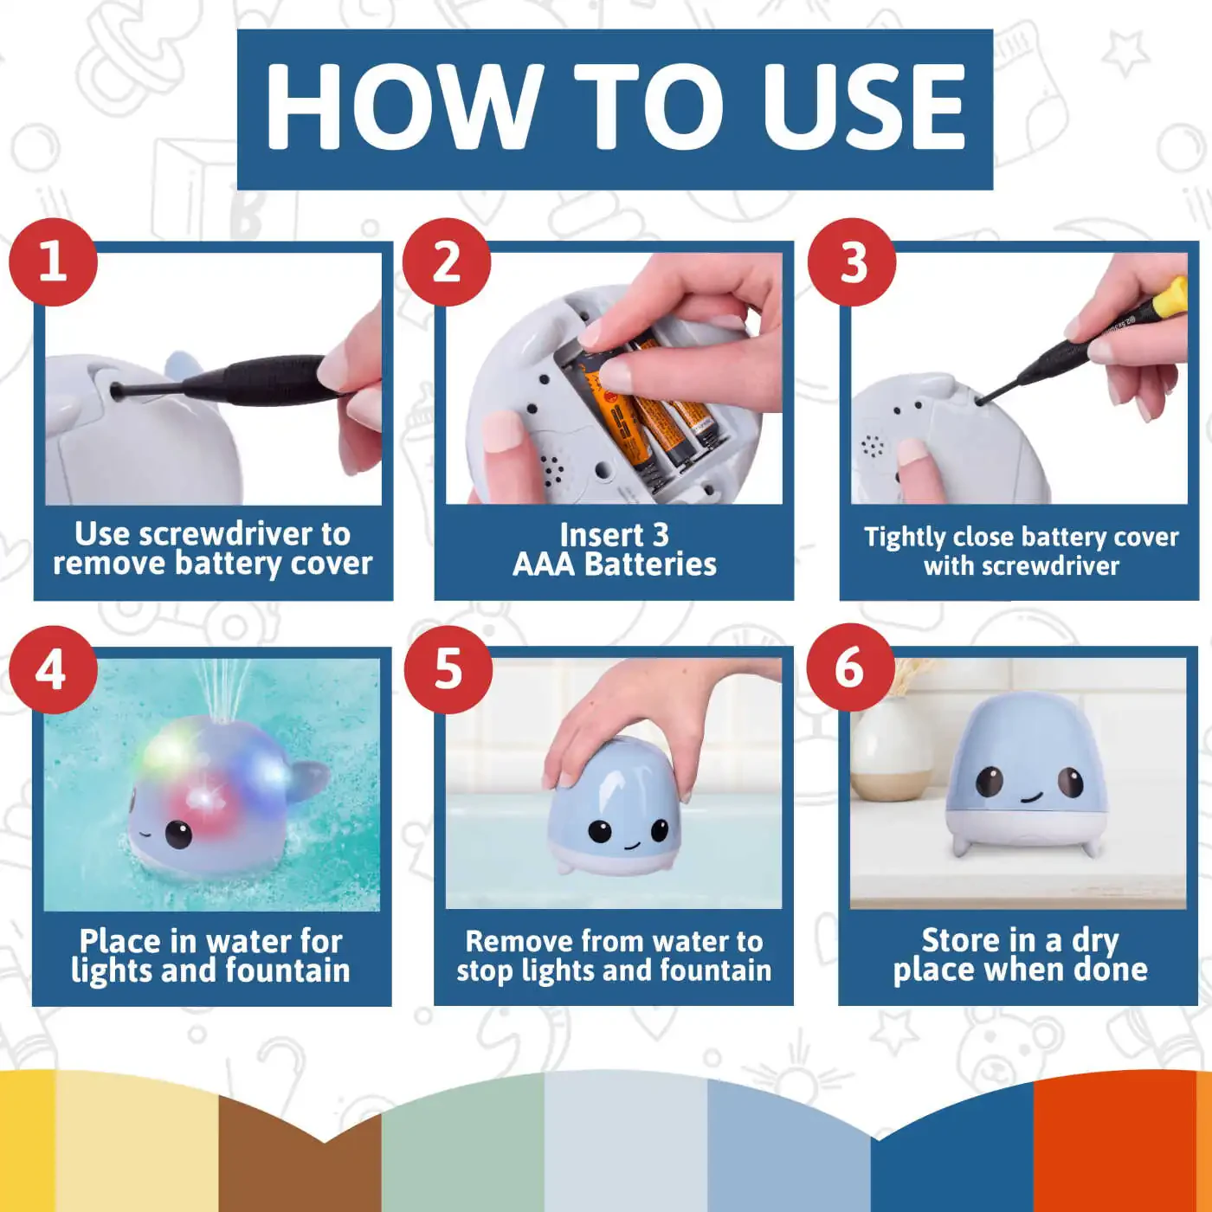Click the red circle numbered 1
(54, 261)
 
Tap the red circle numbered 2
(447, 261)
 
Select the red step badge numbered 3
(852, 261)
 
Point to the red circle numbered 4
(53, 669)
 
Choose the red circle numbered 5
(448, 669)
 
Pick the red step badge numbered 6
(850, 668)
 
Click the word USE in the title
(863, 106)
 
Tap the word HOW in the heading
(404, 106)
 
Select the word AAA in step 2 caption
(544, 564)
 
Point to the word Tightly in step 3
(904, 538)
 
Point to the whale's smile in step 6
(1030, 797)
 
